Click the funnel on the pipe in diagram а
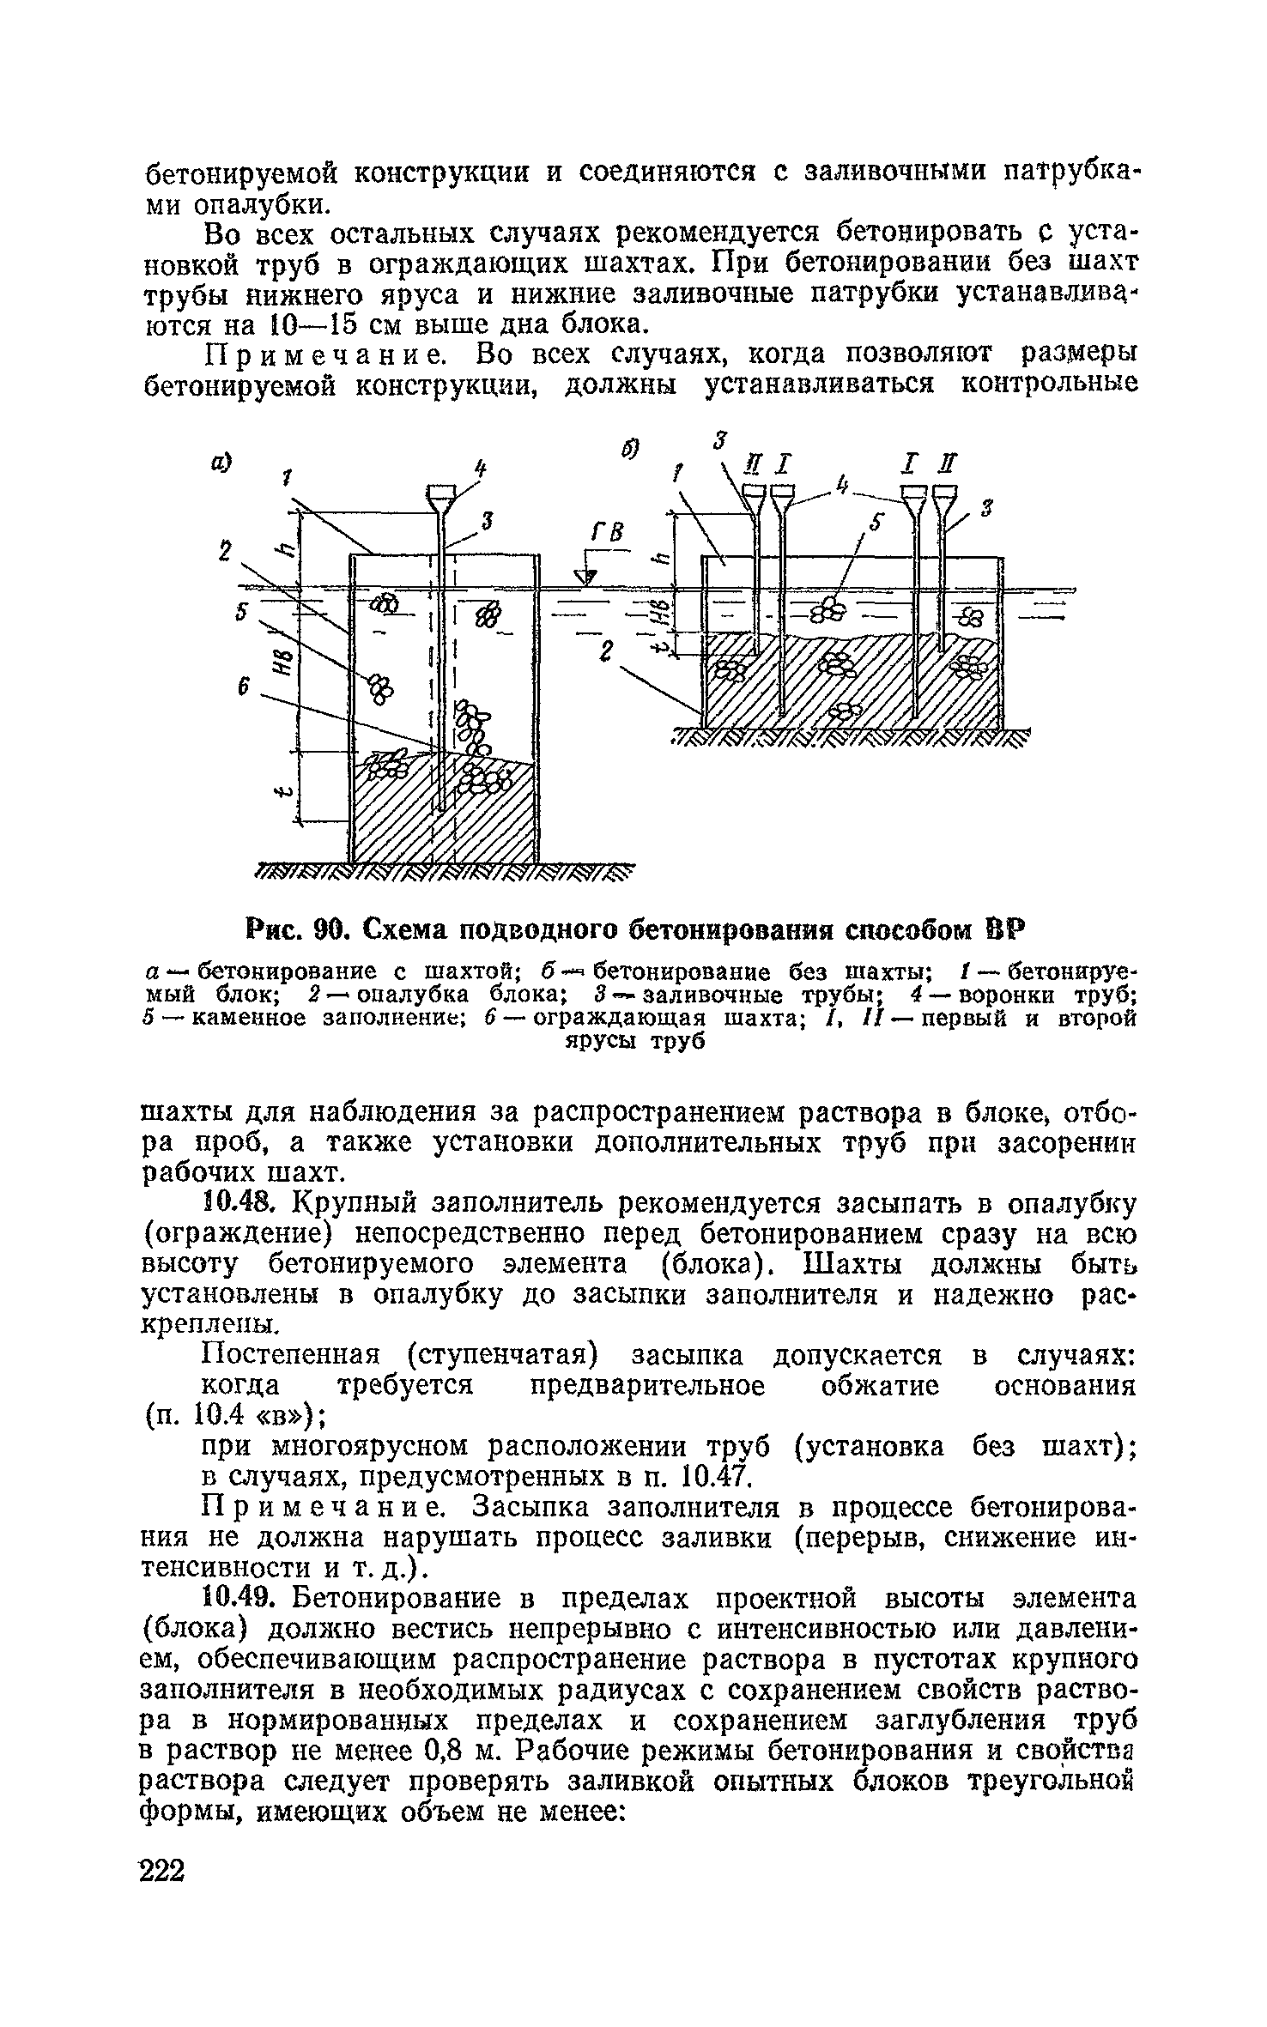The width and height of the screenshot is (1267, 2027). tap(440, 495)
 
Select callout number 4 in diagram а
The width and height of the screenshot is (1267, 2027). tap(481, 469)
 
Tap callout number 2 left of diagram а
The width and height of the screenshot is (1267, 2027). tap(225, 553)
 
